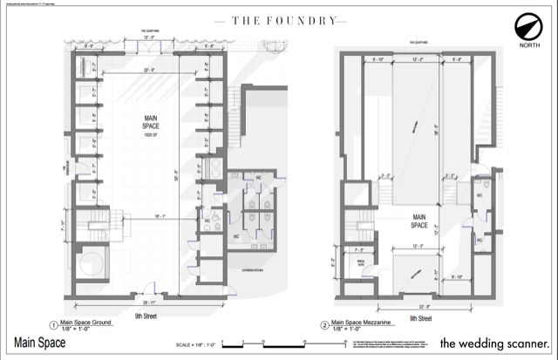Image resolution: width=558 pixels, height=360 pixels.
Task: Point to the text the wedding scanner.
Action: point(495,342)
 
